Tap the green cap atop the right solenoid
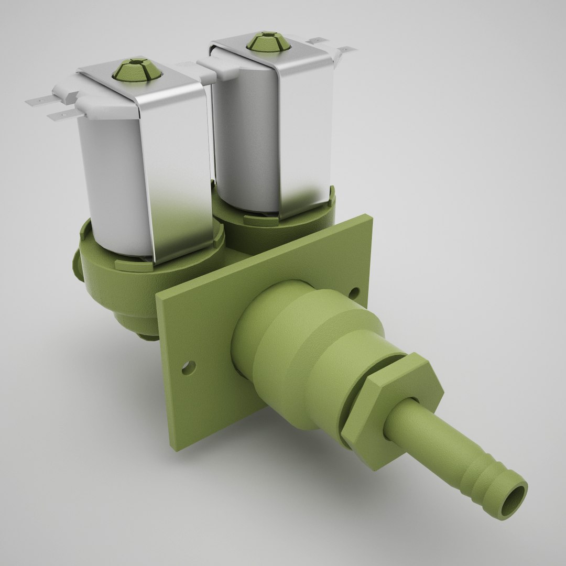click(x=268, y=41)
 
